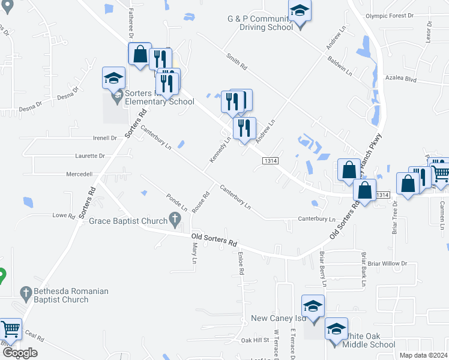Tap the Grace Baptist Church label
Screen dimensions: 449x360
point(128,221)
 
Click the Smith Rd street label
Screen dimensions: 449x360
point(237,62)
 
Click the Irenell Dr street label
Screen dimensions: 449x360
point(105,138)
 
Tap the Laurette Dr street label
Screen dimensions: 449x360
point(91,156)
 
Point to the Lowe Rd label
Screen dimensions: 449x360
point(63,215)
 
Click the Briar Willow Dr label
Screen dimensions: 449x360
point(387,263)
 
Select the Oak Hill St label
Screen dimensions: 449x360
point(255,340)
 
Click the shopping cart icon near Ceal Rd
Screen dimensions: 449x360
point(10,328)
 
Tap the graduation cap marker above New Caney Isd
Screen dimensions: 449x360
point(313,306)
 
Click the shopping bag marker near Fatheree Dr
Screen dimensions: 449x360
point(140,54)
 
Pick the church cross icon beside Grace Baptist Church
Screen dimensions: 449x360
point(175,220)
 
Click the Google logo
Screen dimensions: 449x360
point(20,353)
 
